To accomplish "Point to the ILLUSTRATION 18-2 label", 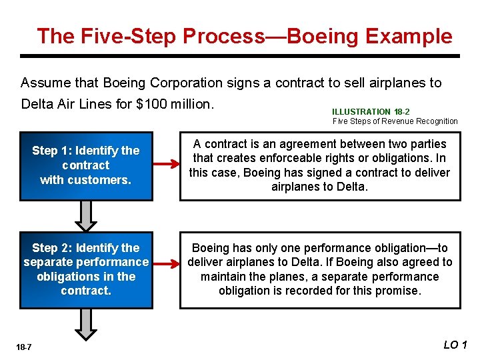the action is click(371, 112).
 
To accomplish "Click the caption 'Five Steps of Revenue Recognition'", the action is click(395, 121).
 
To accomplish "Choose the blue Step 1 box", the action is click(86, 165).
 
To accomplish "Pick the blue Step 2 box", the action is click(86, 269).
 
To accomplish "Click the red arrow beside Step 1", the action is click(167, 165).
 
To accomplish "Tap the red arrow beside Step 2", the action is click(167, 269).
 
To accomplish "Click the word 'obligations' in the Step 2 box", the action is click(68, 277).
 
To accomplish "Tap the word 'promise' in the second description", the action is click(398, 291).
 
